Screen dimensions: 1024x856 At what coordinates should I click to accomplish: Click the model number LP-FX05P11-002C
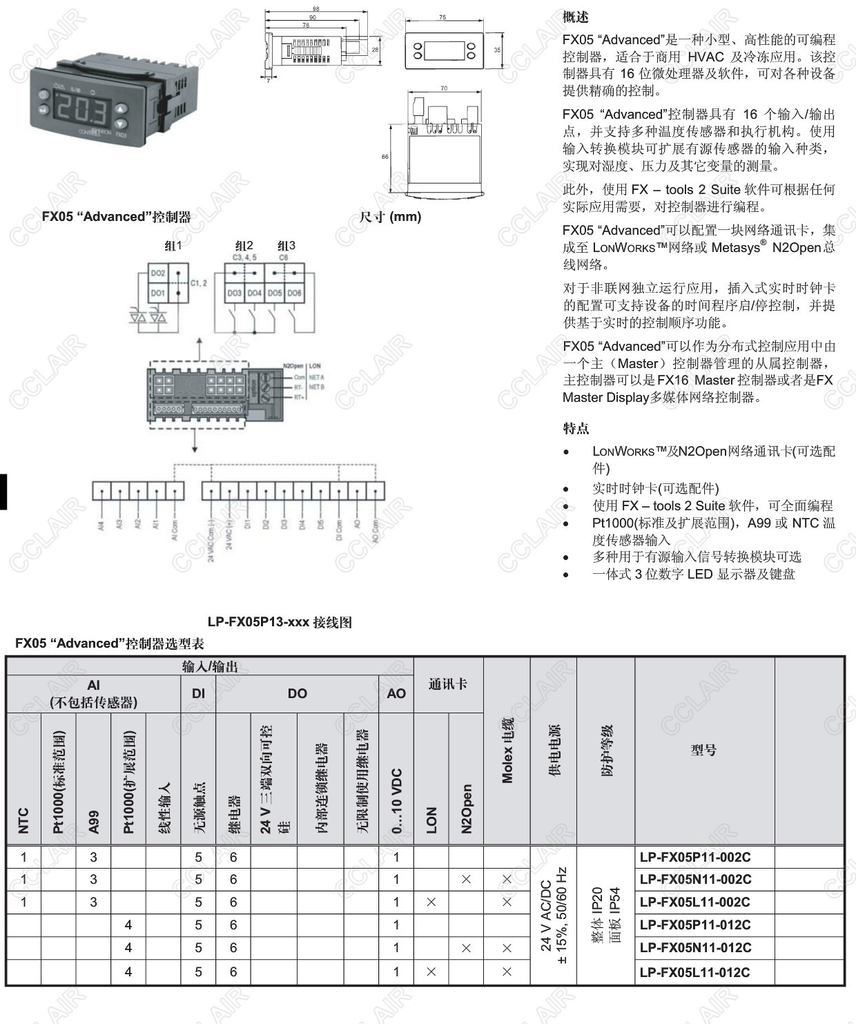pyautogui.click(x=694, y=857)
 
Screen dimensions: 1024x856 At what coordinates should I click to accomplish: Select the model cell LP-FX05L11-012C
pyautogui.click(x=694, y=972)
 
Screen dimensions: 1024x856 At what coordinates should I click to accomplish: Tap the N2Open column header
pyautogui.click(x=467, y=808)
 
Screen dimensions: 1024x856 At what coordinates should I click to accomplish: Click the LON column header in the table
pyautogui.click(x=431, y=820)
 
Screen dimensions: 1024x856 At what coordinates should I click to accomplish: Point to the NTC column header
pyautogui.click(x=23, y=820)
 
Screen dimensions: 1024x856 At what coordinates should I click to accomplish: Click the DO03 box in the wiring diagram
pyautogui.click(x=235, y=293)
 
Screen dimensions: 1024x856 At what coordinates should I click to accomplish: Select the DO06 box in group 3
pyautogui.click(x=295, y=293)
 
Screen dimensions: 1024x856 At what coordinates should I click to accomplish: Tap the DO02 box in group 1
pyautogui.click(x=158, y=273)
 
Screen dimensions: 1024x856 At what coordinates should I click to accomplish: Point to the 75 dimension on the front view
pyautogui.click(x=442, y=17)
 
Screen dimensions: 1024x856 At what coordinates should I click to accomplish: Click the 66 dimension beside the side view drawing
pyautogui.click(x=385, y=157)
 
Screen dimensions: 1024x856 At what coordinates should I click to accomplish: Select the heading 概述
pyautogui.click(x=576, y=17)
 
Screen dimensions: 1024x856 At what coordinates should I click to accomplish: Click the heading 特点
pyautogui.click(x=576, y=428)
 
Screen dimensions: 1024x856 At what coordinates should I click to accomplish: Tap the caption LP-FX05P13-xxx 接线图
pyautogui.click(x=280, y=622)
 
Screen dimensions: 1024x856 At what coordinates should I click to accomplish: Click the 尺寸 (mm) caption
pyautogui.click(x=390, y=217)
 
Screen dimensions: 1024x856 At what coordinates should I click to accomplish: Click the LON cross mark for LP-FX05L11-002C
pyautogui.click(x=431, y=902)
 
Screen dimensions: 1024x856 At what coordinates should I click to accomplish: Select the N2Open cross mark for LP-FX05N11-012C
pyautogui.click(x=466, y=948)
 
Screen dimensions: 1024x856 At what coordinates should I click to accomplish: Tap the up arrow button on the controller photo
pyautogui.click(x=121, y=108)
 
